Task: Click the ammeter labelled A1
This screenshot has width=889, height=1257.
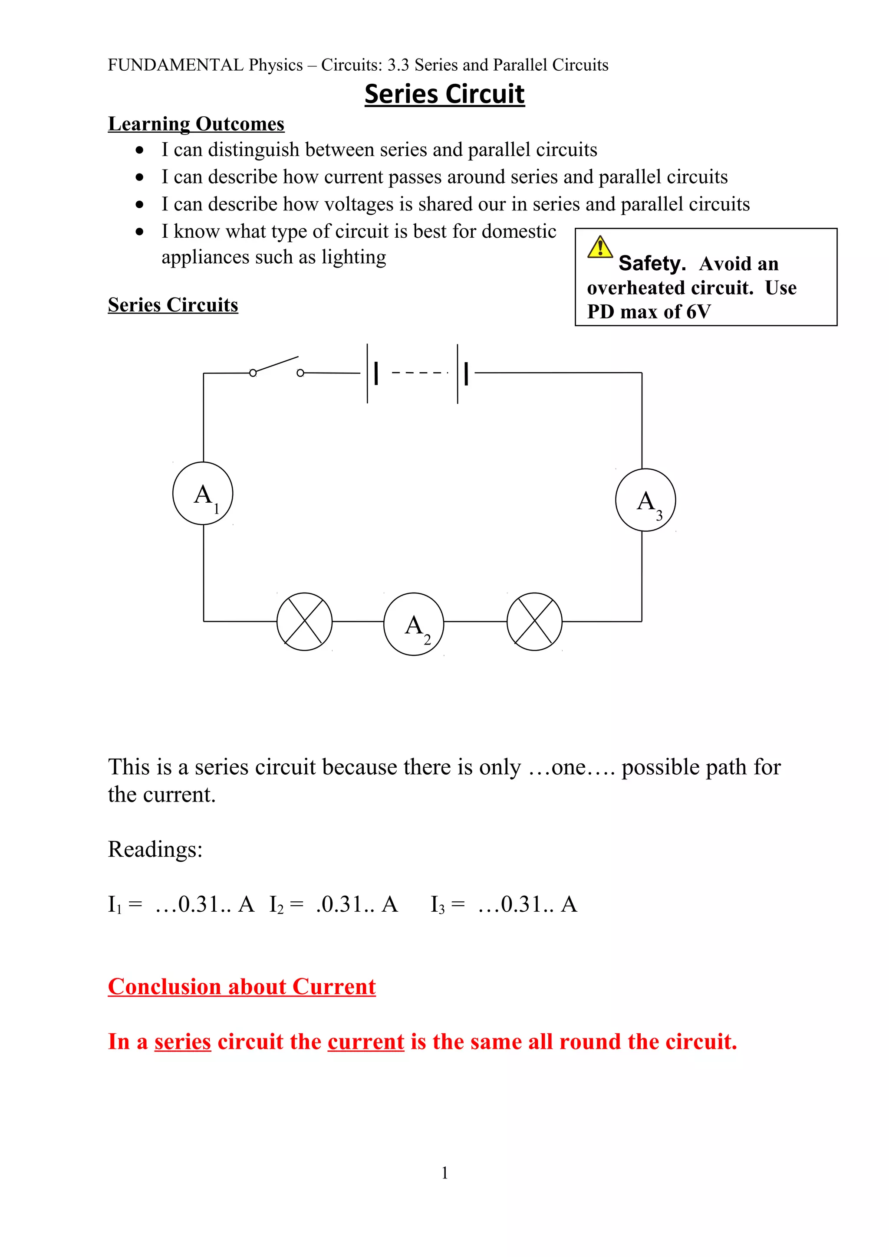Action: pos(203,493)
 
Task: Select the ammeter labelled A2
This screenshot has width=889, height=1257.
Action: pos(414,624)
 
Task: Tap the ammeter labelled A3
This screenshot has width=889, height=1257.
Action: pos(645,500)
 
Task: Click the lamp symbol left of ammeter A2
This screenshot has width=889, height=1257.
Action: pos(305,622)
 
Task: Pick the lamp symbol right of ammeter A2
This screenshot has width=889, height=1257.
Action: pos(535,622)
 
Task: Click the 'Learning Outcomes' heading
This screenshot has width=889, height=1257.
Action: pos(196,124)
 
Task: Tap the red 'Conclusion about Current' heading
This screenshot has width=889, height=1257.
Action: pos(241,986)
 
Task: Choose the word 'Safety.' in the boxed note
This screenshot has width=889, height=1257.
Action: pos(652,263)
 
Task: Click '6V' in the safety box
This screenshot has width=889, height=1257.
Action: pos(698,311)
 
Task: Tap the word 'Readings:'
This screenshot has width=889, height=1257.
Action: pos(155,850)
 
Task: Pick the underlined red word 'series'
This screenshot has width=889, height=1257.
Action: pos(182,1041)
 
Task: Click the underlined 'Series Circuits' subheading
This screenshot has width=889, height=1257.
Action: pos(173,304)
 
